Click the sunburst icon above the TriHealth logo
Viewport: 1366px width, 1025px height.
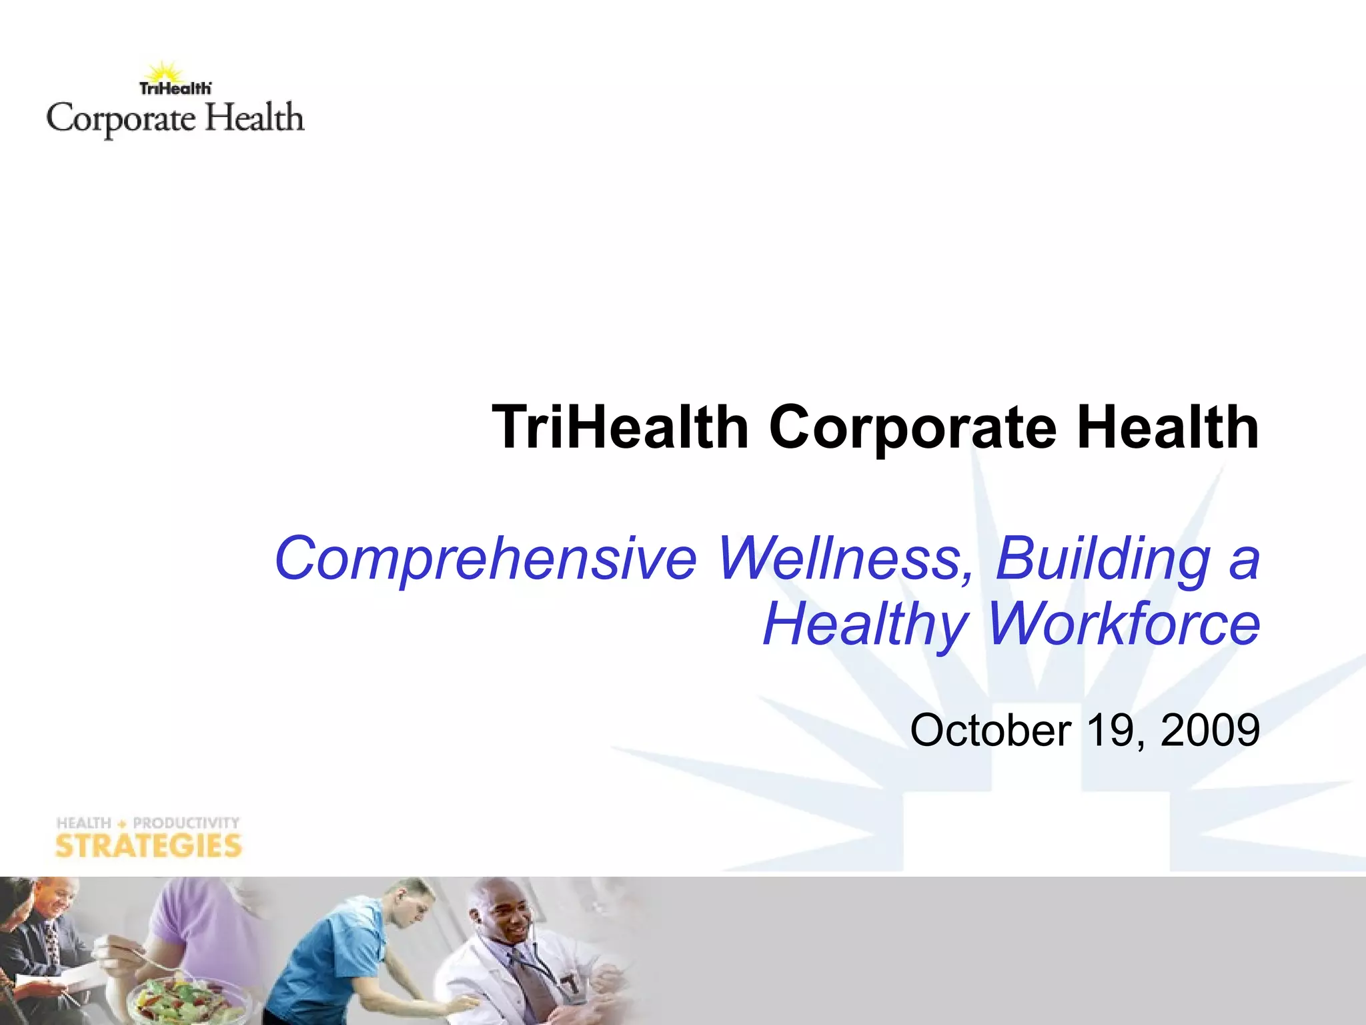pyautogui.click(x=164, y=72)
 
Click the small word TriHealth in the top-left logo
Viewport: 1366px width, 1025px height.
pyautogui.click(x=175, y=88)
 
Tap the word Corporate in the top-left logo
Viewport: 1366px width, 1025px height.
pyautogui.click(x=121, y=120)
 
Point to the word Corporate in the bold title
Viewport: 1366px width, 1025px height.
pyautogui.click(x=912, y=428)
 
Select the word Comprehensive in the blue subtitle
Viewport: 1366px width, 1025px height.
pyautogui.click(x=486, y=559)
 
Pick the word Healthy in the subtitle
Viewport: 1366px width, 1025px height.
pyautogui.click(x=865, y=625)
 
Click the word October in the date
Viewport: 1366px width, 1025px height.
pyautogui.click(x=990, y=730)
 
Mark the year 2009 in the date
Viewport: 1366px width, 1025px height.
pyautogui.click(x=1210, y=730)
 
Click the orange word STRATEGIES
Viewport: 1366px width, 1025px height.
pyautogui.click(x=148, y=846)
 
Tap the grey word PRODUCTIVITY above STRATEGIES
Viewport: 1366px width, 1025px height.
pyautogui.click(x=186, y=823)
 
